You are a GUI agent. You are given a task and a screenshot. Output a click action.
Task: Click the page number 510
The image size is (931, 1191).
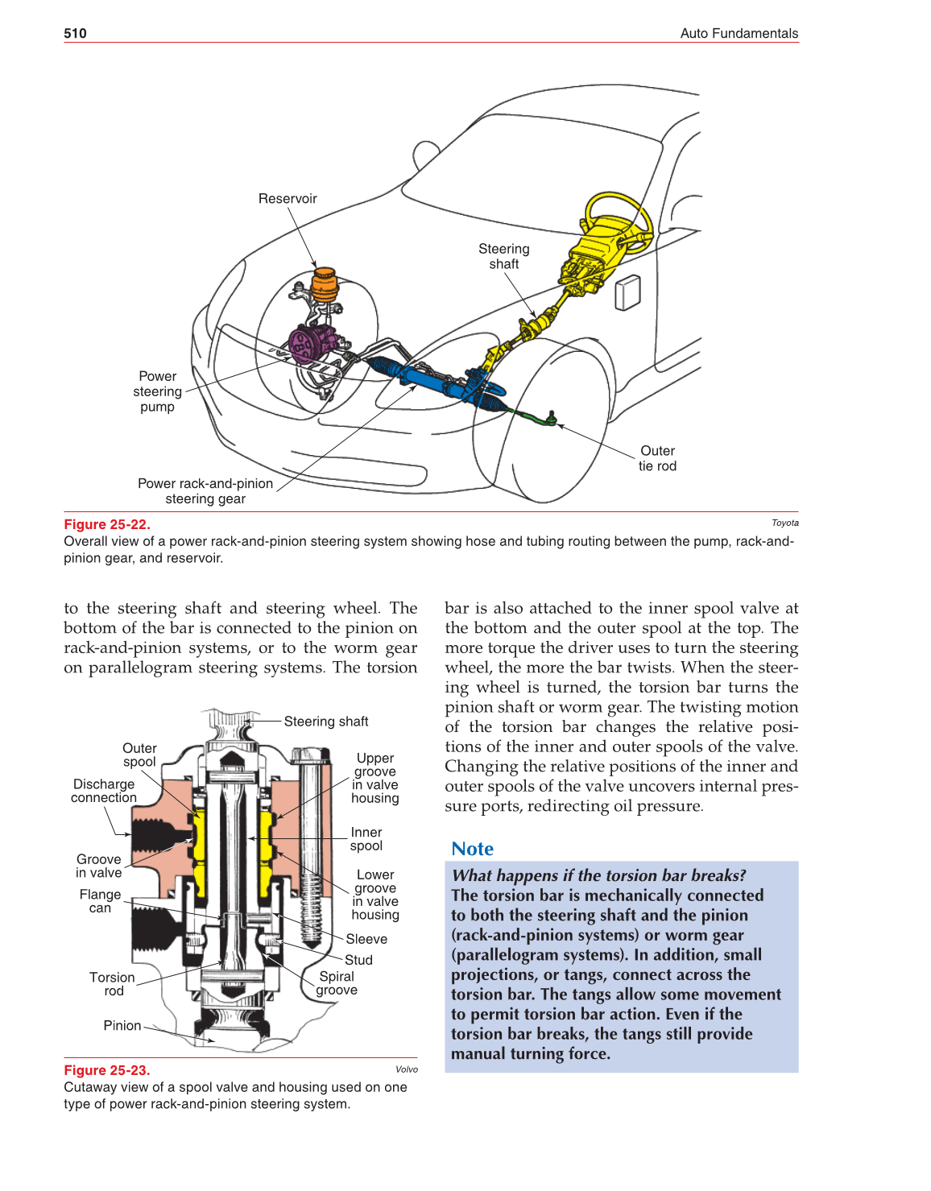point(75,33)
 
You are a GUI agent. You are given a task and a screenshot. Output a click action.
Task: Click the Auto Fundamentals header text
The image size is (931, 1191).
point(739,33)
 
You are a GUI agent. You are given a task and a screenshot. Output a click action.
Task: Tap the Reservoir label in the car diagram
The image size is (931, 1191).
point(288,199)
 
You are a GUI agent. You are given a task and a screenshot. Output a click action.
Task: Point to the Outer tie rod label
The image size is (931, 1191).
point(657,458)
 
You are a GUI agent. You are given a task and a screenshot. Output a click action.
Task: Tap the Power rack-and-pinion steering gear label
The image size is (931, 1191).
point(205,491)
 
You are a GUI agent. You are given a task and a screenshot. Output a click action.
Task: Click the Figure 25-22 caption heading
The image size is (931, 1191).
point(107,524)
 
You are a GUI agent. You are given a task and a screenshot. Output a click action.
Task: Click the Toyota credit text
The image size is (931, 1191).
point(784,523)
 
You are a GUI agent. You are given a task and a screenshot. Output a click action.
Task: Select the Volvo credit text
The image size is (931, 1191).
point(406,1069)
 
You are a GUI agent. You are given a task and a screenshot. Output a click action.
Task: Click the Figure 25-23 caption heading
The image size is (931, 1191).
point(107,1070)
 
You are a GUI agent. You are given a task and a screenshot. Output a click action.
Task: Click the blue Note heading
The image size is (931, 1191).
point(472,849)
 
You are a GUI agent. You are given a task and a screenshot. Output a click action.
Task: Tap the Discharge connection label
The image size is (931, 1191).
point(104,791)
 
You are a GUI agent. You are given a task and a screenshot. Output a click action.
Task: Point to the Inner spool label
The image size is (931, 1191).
point(366,839)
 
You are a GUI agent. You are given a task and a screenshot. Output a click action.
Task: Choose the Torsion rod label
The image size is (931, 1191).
point(113,984)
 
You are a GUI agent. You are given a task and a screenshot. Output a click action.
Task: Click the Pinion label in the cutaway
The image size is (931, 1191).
point(122,1025)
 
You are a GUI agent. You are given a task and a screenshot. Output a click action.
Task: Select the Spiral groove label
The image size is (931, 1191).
point(337,983)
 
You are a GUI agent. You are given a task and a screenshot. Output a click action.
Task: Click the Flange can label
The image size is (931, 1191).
point(100,901)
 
